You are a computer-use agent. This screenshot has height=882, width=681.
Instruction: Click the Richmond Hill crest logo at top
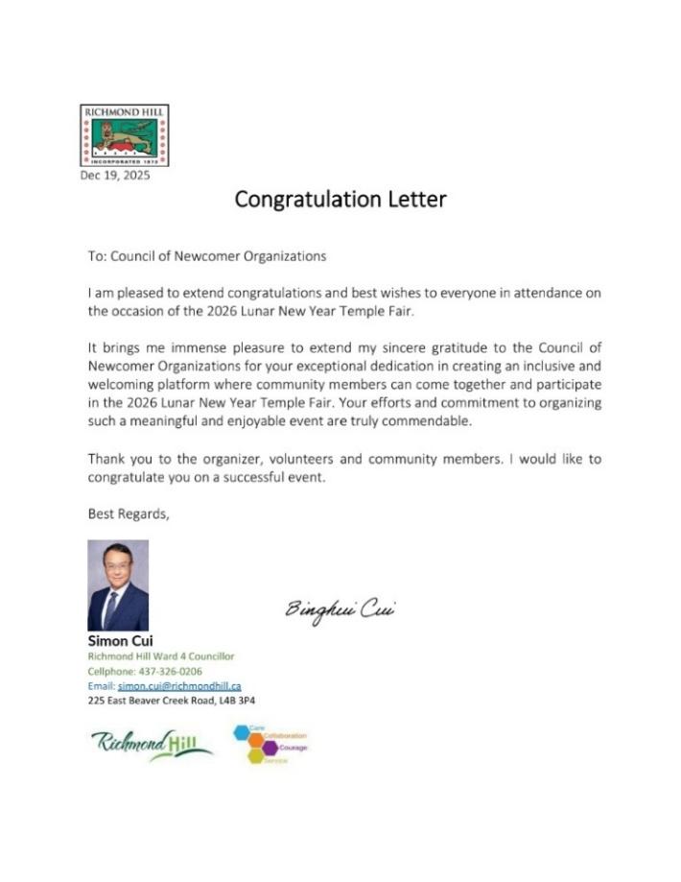point(123,135)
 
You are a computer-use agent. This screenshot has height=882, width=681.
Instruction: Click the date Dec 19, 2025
point(115,175)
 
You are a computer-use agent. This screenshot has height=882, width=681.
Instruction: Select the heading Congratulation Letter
point(340,200)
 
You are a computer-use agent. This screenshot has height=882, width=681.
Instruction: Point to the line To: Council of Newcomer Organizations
point(207,256)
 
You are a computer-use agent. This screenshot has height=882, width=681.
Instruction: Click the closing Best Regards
point(129,513)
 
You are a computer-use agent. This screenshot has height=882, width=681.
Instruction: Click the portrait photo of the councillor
point(118,584)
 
